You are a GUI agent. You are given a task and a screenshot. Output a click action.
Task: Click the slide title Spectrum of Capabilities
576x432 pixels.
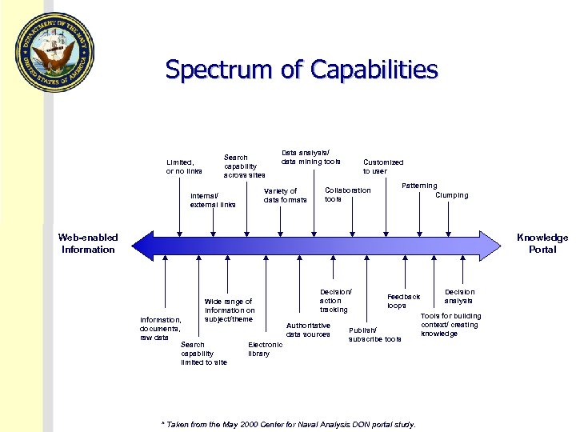tap(302, 70)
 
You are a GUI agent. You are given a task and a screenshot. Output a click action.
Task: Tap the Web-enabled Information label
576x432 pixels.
tap(88, 243)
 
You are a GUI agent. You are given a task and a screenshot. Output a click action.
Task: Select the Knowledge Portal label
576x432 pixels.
tap(542, 243)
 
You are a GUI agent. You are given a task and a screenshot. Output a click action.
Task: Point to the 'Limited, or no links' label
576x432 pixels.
tap(184, 166)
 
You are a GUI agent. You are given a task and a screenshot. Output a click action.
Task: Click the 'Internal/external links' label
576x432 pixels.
tap(213, 200)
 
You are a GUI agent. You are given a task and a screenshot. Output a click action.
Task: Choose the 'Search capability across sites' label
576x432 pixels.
tap(244, 166)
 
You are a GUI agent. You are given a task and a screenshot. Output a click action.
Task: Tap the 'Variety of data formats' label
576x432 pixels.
tap(285, 195)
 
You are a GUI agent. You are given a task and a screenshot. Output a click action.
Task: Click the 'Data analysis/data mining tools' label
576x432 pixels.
tap(310, 157)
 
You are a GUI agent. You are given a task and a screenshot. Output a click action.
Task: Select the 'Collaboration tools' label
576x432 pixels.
tap(347, 194)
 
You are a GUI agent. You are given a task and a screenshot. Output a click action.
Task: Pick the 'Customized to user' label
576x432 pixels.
tap(383, 166)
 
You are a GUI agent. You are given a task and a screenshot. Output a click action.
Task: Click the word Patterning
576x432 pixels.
tap(419, 186)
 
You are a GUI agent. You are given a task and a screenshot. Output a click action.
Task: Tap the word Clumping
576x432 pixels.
tap(452, 195)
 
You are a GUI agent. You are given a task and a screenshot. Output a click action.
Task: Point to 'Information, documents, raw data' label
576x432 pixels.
tap(161, 329)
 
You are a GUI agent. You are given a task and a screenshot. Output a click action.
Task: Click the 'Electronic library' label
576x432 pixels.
tap(265, 350)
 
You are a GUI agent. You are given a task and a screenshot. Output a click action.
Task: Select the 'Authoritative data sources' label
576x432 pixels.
tap(308, 330)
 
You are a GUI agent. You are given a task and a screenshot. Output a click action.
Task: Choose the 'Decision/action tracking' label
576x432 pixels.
tap(335, 301)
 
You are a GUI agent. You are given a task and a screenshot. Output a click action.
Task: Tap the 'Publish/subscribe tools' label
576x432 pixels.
tap(374, 334)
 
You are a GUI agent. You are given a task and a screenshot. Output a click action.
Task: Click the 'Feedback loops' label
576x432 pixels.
tap(403, 301)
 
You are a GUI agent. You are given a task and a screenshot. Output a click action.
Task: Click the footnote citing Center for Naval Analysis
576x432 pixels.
tap(288, 424)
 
